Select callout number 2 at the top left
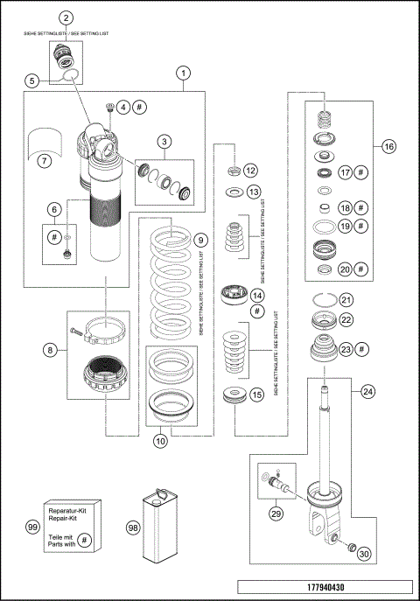[66, 17]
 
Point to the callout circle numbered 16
[388, 146]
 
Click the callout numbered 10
[161, 442]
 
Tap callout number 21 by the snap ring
[346, 300]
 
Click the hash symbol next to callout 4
[142, 107]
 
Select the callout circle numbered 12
[251, 170]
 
